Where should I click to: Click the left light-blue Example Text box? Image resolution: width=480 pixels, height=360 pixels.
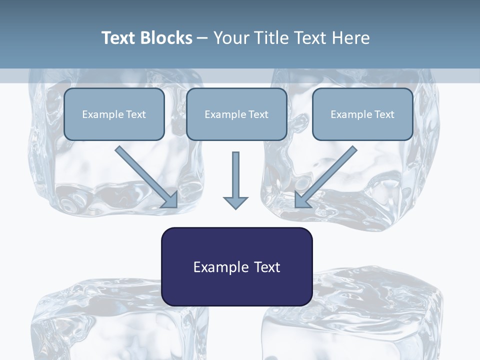(x=114, y=114)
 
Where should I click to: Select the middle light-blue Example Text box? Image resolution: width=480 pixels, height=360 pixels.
(x=236, y=114)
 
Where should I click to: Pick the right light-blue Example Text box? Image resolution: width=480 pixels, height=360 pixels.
(x=362, y=114)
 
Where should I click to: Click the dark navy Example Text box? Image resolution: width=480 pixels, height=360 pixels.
(x=236, y=266)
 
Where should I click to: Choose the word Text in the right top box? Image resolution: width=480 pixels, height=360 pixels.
(x=384, y=114)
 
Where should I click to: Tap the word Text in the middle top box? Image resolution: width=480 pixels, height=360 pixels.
(x=258, y=114)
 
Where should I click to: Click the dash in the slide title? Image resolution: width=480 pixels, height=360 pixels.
(x=202, y=38)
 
